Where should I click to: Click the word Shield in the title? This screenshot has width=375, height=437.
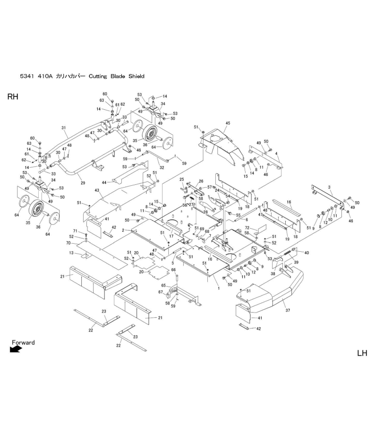coord(134,76)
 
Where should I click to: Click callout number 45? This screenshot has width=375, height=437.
coord(228,124)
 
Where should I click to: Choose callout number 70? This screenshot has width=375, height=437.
coord(68,243)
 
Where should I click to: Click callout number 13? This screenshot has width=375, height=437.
coord(71,253)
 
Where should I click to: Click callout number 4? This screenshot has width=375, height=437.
coord(277,154)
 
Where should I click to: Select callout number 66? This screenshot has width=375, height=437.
coord(173,270)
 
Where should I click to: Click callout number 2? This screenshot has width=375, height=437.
coord(123,231)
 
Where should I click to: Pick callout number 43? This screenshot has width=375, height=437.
coord(97,190)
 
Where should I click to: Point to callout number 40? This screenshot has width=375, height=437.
coord(307,253)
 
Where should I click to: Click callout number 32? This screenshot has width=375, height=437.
coord(162,167)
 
